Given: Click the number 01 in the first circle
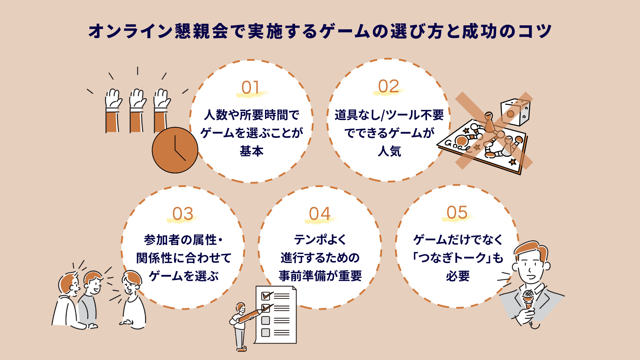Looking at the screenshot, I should [x=250, y=88].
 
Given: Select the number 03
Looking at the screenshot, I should [x=183, y=214].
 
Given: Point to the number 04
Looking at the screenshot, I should [x=319, y=214].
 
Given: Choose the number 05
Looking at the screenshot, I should [x=457, y=212].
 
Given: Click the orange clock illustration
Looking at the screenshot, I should [x=175, y=150].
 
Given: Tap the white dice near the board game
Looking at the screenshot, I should [x=515, y=111].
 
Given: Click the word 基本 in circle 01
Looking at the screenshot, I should [x=252, y=151].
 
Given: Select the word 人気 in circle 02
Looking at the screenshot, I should [x=389, y=151].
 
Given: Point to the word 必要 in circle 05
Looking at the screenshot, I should [x=458, y=276].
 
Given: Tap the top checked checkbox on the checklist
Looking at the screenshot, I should [x=266, y=296].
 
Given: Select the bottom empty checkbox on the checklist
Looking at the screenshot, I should [x=265, y=332].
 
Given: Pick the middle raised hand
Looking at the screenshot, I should [x=137, y=110].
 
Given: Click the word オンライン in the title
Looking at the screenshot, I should [x=130, y=32].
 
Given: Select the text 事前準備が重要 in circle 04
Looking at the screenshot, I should [x=320, y=276].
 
